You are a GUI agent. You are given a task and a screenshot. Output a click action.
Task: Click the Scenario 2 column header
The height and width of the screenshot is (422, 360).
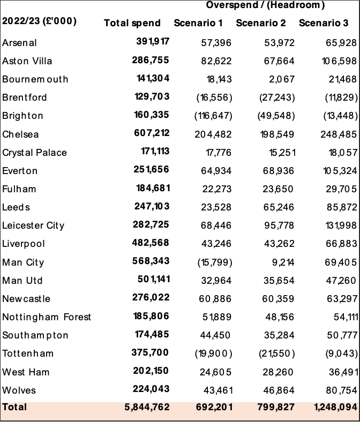261,23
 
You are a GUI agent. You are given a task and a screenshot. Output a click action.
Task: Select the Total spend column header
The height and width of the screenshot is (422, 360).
132,23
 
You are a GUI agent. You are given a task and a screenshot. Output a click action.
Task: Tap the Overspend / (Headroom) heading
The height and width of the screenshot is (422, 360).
265,5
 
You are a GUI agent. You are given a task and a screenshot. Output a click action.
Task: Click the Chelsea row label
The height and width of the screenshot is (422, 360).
20,134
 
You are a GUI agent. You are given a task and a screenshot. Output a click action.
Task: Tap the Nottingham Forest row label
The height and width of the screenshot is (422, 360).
47,317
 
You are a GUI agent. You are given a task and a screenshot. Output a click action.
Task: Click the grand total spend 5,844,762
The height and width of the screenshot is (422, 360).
147,407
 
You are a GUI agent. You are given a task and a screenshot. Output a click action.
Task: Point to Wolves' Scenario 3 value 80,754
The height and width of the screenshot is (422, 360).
337,390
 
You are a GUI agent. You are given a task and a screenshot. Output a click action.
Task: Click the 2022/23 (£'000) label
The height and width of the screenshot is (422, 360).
39,21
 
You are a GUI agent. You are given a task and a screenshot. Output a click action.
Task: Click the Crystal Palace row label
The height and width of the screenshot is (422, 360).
34,153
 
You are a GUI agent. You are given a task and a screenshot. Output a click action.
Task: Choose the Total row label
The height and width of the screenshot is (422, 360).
14,407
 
